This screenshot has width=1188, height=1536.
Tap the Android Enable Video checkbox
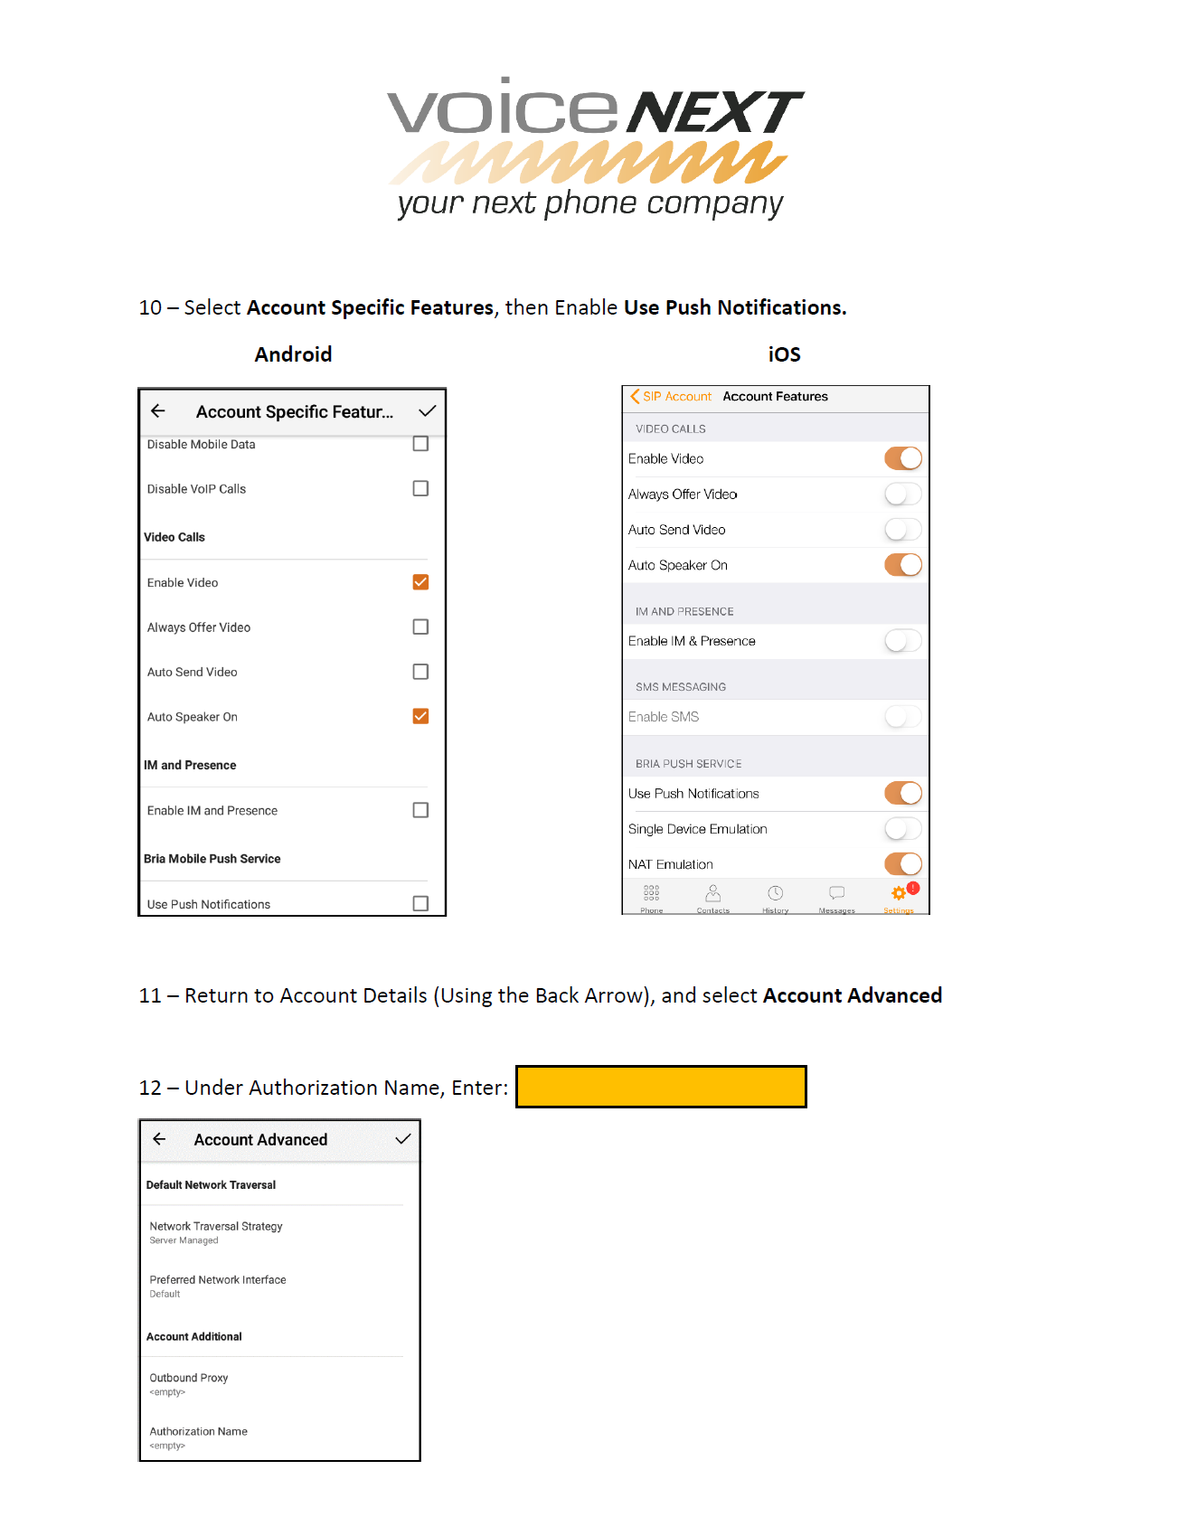pyautogui.click(x=420, y=582)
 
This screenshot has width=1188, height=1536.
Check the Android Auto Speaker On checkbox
pyautogui.click(x=420, y=716)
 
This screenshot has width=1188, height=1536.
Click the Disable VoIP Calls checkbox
pyautogui.click(x=420, y=488)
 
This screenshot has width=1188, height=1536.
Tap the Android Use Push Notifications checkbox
pyautogui.click(x=420, y=903)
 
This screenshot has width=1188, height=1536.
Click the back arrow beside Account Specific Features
pyautogui.click(x=158, y=411)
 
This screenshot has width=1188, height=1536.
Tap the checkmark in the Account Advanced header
pyautogui.click(x=403, y=1139)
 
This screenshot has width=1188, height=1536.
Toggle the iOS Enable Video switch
pyautogui.click(x=903, y=458)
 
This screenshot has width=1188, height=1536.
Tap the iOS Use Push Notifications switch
pyautogui.click(x=903, y=793)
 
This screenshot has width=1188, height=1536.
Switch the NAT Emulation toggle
pyautogui.click(x=903, y=863)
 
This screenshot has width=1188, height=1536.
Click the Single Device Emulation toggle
pyautogui.click(x=903, y=828)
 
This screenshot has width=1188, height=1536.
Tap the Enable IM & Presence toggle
pyautogui.click(x=903, y=641)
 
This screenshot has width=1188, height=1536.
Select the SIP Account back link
pyautogui.click(x=671, y=396)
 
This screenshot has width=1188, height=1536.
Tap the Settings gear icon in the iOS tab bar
pyautogui.click(x=899, y=894)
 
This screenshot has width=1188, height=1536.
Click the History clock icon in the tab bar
pyautogui.click(x=775, y=894)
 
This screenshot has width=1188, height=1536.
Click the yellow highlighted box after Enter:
pyautogui.click(x=661, y=1087)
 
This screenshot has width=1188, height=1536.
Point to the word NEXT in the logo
pyautogui.click(x=714, y=113)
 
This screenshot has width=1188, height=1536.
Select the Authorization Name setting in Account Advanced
pyautogui.click(x=199, y=1437)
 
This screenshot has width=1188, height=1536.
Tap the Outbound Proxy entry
pyautogui.click(x=189, y=1383)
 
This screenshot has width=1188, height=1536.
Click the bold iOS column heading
pyautogui.click(x=784, y=354)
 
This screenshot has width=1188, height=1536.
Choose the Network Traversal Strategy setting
pyautogui.click(x=216, y=1231)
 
